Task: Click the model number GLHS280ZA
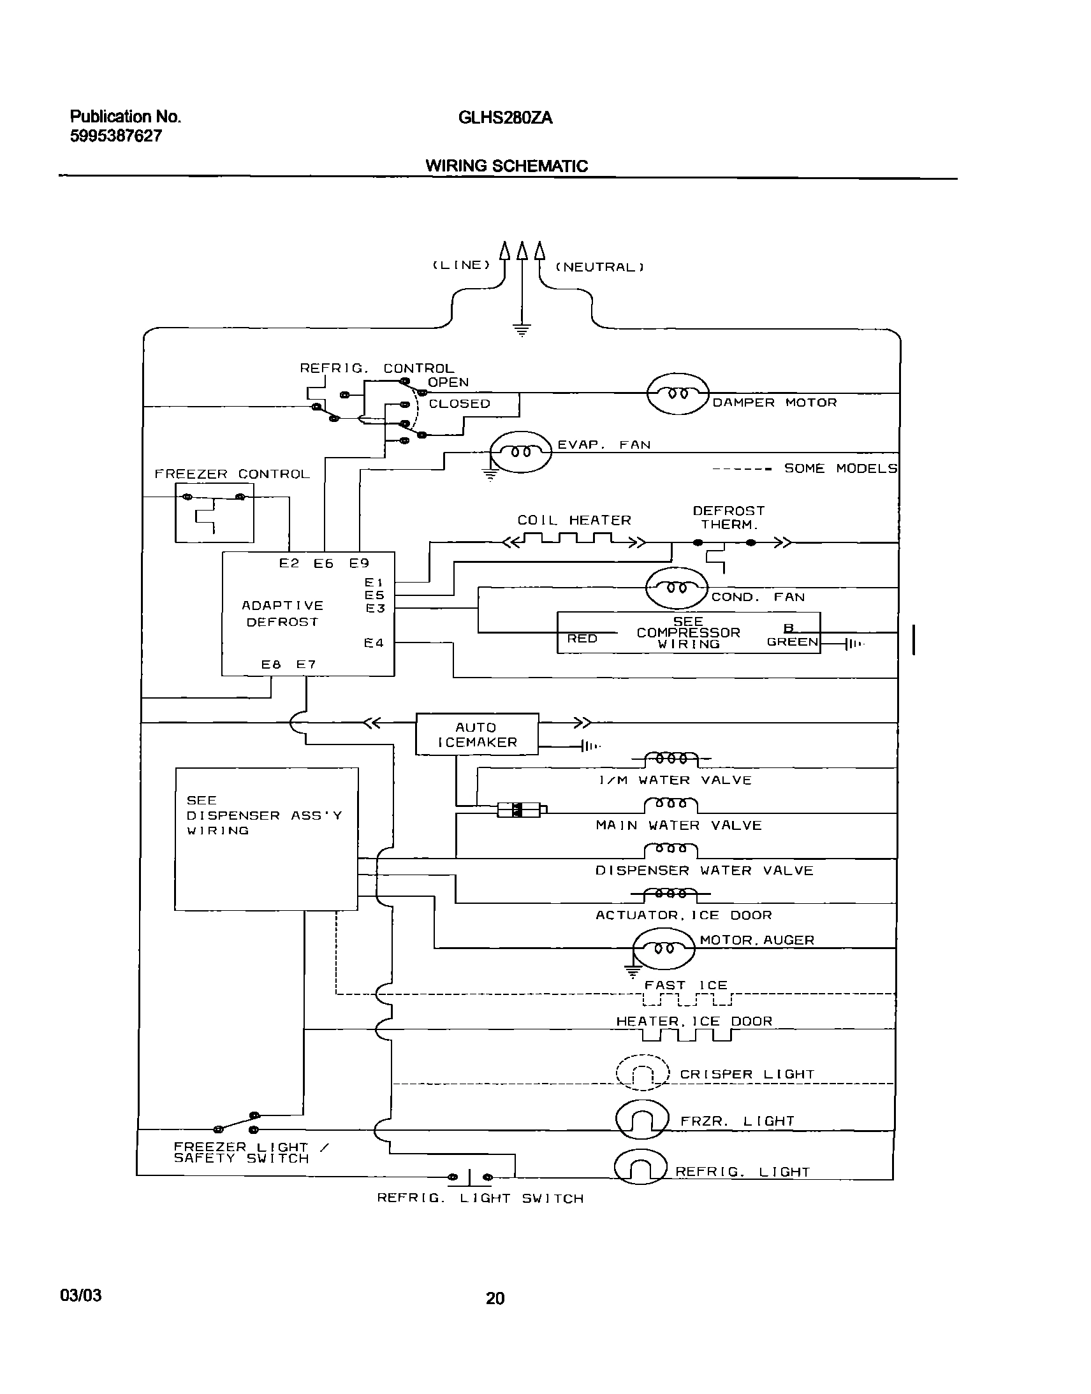(x=504, y=118)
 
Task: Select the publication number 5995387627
(x=115, y=136)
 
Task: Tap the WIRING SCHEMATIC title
(x=506, y=166)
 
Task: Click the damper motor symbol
(x=678, y=394)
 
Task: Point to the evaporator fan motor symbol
(x=520, y=451)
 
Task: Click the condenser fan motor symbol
(x=677, y=588)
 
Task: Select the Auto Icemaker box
(x=476, y=734)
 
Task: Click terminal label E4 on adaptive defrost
(x=374, y=643)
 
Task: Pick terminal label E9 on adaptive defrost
(x=359, y=563)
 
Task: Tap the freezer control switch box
(x=214, y=512)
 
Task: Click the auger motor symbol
(x=663, y=948)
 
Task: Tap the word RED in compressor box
(x=582, y=639)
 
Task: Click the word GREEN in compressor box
(x=792, y=642)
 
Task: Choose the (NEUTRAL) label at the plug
(x=600, y=268)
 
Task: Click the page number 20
(x=495, y=1298)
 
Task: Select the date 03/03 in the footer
(x=80, y=1295)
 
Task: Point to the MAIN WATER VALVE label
(x=678, y=825)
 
